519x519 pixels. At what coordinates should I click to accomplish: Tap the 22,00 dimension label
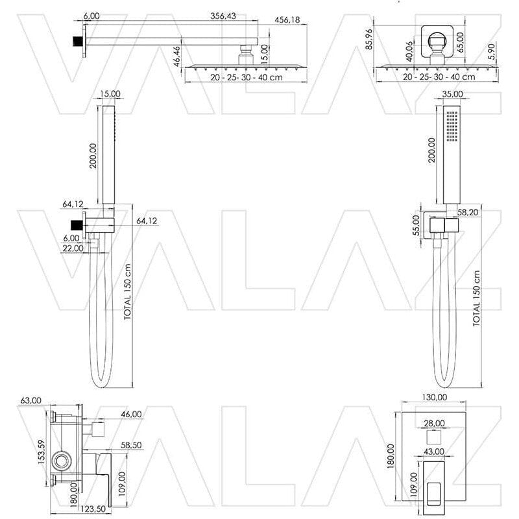(73, 248)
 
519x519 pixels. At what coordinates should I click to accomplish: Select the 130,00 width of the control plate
(434, 397)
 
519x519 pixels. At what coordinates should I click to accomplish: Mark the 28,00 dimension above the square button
(434, 423)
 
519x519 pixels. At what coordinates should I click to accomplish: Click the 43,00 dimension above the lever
(434, 452)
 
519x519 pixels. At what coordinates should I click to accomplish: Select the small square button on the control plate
(434, 437)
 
